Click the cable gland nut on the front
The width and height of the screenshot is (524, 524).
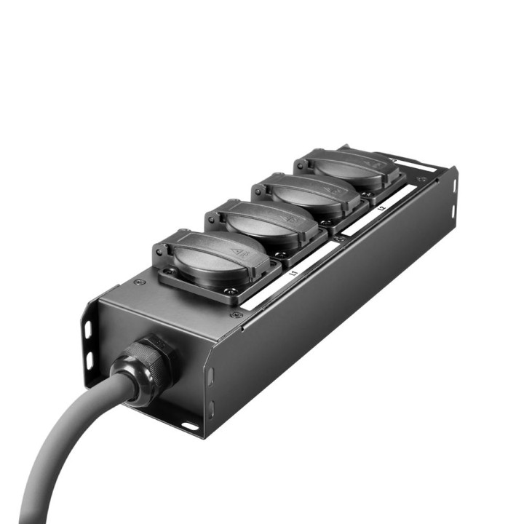(x=149, y=362)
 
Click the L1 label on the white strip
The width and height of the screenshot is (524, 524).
(x=294, y=274)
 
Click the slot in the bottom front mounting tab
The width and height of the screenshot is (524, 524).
(x=191, y=426)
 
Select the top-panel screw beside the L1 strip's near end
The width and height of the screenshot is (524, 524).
(x=237, y=314)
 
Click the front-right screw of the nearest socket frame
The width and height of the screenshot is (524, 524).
(x=234, y=294)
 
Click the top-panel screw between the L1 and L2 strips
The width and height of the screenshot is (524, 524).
(x=339, y=238)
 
